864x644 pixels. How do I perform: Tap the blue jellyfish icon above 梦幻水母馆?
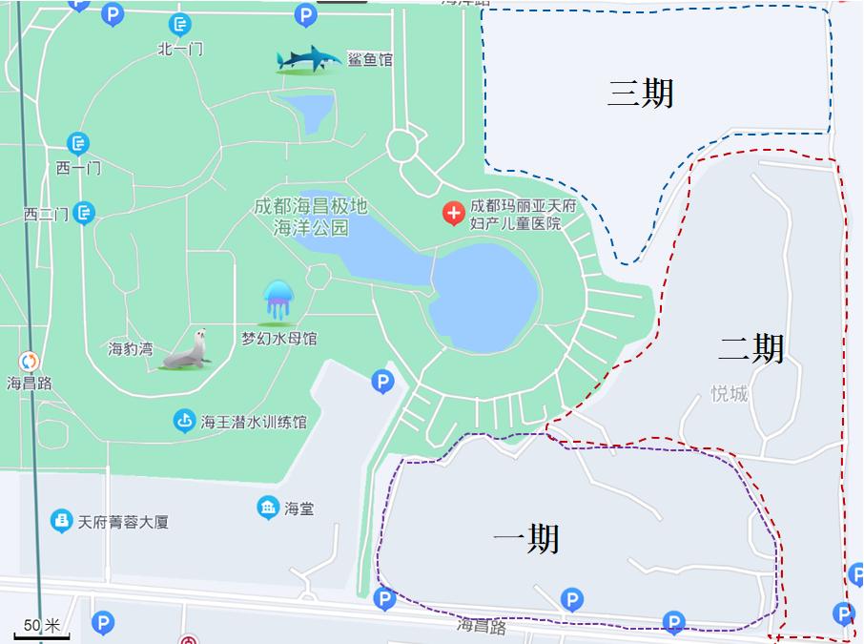pos(278,301)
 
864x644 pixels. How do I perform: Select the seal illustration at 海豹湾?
pos(186,350)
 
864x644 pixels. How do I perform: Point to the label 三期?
pos(641,93)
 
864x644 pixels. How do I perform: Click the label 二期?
pos(751,348)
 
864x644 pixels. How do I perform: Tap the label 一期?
pos(525,539)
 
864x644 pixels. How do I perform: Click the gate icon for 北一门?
pos(179,25)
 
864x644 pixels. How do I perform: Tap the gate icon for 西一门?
pos(78,144)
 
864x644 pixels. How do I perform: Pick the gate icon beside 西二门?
pos(84,213)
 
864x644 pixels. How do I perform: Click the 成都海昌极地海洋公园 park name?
pos(311,217)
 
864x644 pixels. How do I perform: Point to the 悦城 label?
pos(730,394)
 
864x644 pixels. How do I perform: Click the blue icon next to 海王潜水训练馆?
pos(185,420)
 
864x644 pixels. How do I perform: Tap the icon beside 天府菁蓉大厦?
pos(61,521)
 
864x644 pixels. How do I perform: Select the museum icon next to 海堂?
pos(268,508)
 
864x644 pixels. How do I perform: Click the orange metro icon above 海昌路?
pos(30,362)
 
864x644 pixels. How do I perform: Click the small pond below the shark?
pos(312,114)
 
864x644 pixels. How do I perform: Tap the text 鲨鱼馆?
pos(370,60)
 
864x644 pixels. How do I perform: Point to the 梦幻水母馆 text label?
pos(278,339)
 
